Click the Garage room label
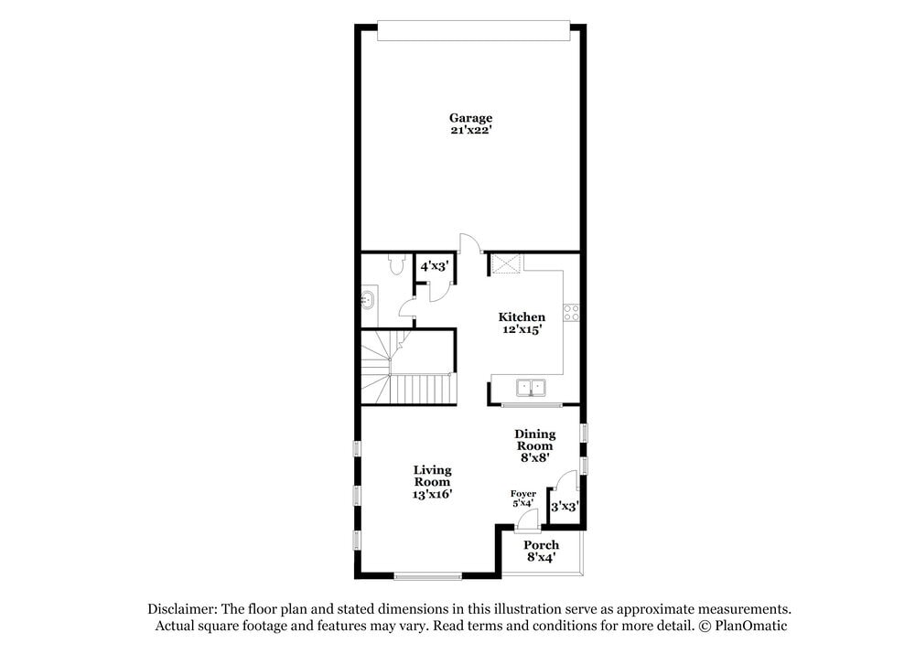[470, 117]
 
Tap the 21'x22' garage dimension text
[470, 130]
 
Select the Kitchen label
[522, 316]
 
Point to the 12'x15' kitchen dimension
[522, 329]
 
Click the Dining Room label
[534, 440]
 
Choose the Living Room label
[433, 476]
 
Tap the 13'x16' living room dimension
[433, 494]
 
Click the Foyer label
[523, 494]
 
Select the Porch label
[541, 545]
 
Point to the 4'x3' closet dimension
[433, 267]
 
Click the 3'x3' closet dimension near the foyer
[565, 506]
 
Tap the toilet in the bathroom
[395, 265]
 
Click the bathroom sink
[368, 297]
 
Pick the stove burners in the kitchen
[572, 311]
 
